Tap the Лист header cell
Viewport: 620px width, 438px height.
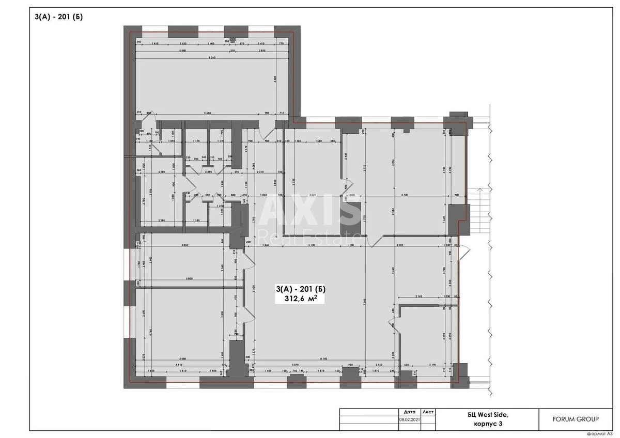(x=428, y=412)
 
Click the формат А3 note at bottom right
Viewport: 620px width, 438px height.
(x=599, y=433)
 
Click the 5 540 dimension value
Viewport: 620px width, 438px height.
(x=208, y=113)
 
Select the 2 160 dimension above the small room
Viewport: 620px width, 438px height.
(x=419, y=296)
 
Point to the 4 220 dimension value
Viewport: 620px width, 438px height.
(x=400, y=245)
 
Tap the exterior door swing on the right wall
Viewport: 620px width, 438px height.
(x=464, y=253)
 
